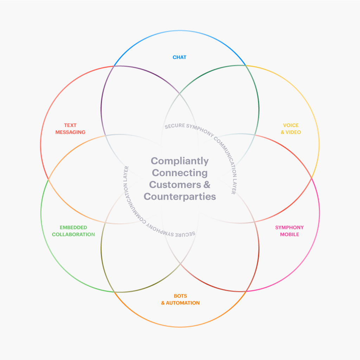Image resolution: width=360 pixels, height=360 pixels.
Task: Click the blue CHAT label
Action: point(179,57)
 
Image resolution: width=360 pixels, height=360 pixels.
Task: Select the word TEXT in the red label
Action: point(70,125)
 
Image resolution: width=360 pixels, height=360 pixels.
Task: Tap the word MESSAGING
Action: point(70,132)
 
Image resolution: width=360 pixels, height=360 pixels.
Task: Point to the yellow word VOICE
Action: point(291,125)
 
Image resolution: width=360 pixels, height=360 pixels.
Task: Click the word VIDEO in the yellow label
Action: point(294,132)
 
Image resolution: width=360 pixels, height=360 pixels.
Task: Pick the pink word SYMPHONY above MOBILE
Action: point(289,227)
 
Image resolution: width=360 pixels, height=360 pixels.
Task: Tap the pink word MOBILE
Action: point(289,234)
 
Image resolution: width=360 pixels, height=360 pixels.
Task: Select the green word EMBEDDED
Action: point(73,227)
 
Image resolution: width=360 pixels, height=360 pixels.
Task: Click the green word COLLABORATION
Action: point(73,234)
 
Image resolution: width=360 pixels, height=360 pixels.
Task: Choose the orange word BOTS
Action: point(180,296)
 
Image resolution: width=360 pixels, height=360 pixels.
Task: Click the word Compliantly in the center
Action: point(180,161)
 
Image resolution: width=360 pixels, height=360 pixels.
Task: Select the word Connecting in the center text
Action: point(180,173)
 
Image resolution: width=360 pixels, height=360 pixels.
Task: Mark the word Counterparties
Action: point(180,197)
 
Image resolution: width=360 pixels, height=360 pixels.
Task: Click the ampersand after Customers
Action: point(207,185)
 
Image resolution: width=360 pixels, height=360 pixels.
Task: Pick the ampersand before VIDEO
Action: point(282,132)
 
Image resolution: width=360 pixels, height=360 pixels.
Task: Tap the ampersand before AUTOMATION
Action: point(163,303)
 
